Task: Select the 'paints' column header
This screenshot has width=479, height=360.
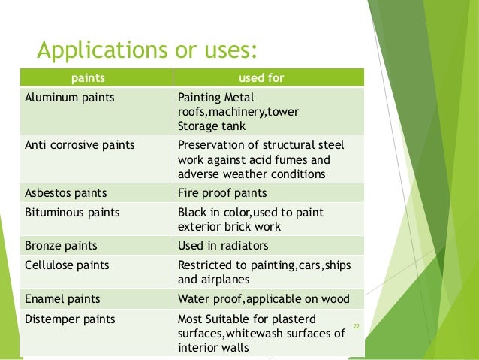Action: click(x=88, y=77)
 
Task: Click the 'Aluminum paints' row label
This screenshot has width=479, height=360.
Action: click(x=63, y=98)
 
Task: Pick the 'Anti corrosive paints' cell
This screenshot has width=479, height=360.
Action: click(x=80, y=145)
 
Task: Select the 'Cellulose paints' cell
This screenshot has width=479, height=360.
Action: click(x=67, y=265)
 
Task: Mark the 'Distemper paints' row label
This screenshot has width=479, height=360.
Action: click(x=70, y=319)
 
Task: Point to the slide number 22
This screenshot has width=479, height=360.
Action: click(x=357, y=326)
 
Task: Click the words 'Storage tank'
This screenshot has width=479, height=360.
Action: click(x=207, y=125)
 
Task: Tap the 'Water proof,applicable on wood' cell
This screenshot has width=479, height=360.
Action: click(x=264, y=298)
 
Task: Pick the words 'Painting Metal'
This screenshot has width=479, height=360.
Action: click(x=216, y=98)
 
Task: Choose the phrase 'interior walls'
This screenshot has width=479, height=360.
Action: click(x=213, y=347)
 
